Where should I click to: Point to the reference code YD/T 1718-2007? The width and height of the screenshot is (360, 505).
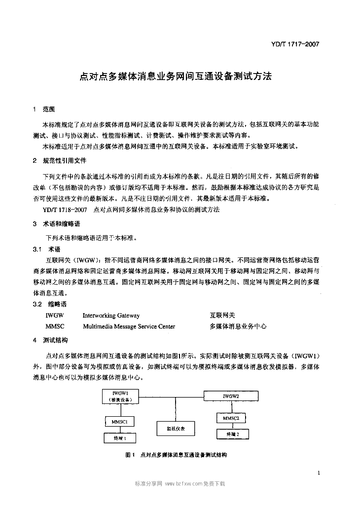click(65, 210)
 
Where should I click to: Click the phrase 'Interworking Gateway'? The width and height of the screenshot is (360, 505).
click(111, 316)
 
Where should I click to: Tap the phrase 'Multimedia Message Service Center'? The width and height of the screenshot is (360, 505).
click(129, 326)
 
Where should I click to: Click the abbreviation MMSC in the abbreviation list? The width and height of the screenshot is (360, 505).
click(55, 326)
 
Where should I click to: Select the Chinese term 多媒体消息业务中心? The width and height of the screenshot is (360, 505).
click(238, 326)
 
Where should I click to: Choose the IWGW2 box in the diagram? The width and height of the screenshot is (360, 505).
click(231, 396)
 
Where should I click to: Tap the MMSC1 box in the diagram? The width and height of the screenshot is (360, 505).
click(118, 422)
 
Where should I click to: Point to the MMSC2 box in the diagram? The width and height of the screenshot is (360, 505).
click(231, 418)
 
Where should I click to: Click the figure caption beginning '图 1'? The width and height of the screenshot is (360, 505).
click(177, 454)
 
